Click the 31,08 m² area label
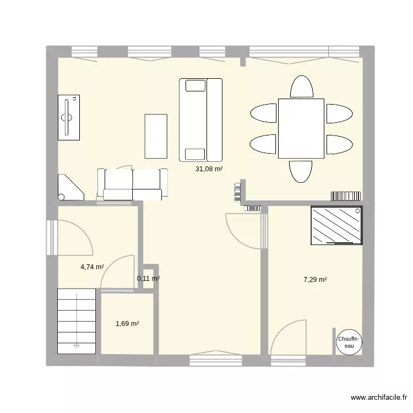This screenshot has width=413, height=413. [x=209, y=169]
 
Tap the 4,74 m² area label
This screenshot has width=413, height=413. [x=92, y=267]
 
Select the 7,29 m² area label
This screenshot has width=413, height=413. [x=315, y=280]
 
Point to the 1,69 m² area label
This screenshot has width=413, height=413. [x=127, y=324]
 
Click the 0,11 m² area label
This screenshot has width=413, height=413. [x=148, y=279]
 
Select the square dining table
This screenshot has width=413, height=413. [x=301, y=128]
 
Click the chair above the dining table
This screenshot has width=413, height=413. [x=301, y=86]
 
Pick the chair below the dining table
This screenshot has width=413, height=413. [x=301, y=171]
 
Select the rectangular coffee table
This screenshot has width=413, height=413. [x=156, y=135]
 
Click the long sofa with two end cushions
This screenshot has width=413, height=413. [x=200, y=120]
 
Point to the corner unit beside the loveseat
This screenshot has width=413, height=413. [x=70, y=187]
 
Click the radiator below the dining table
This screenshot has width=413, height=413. [x=346, y=195]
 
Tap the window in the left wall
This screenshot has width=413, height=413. [x=51, y=237]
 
